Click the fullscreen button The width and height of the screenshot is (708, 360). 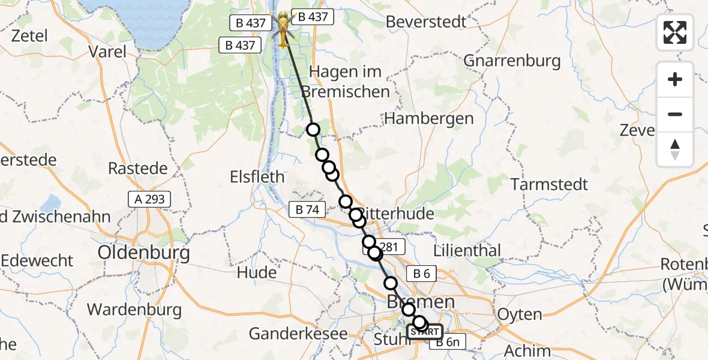(675, 32)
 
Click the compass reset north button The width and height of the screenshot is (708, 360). (675, 149)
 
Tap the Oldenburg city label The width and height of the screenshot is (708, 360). (144, 252)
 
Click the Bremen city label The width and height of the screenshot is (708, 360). (420, 301)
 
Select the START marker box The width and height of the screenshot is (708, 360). (425, 331)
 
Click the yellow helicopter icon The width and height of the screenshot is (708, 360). (283, 29)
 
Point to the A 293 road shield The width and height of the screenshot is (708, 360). (149, 199)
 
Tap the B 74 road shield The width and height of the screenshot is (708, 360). (307, 209)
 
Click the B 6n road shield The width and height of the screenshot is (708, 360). (447, 343)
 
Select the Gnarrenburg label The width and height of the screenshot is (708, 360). (512, 61)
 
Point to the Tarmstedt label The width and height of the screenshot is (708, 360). (549, 184)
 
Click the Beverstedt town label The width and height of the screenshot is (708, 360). (426, 22)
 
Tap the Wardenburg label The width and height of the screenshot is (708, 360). (134, 310)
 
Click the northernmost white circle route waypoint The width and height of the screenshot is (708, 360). (313, 130)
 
